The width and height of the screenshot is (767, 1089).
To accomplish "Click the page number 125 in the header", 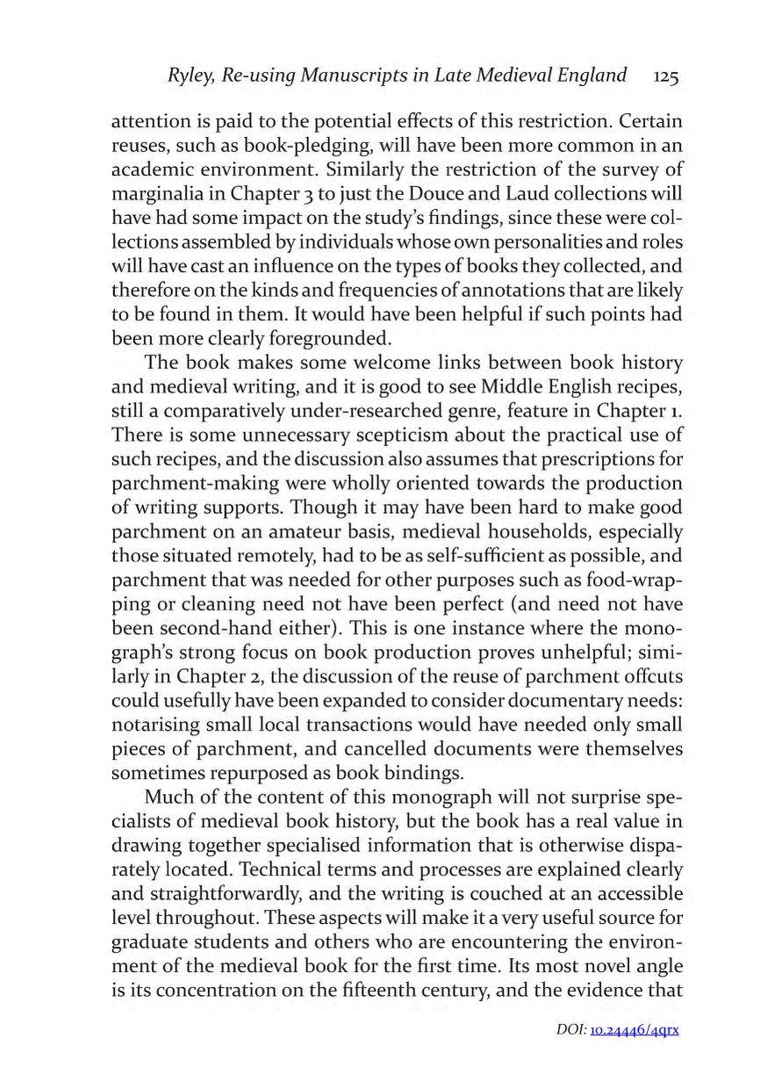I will tap(665, 77).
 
